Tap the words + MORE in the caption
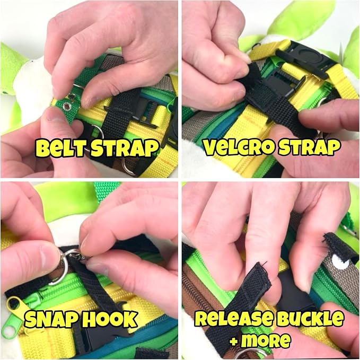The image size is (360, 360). pyautogui.click(x=260, y=340)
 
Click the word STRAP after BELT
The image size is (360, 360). pyautogui.click(x=125, y=148)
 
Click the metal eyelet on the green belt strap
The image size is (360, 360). pyautogui.click(x=67, y=106)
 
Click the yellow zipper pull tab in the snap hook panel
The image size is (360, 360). pyautogui.click(x=16, y=303)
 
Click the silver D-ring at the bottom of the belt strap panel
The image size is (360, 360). pyautogui.click(x=129, y=166)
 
